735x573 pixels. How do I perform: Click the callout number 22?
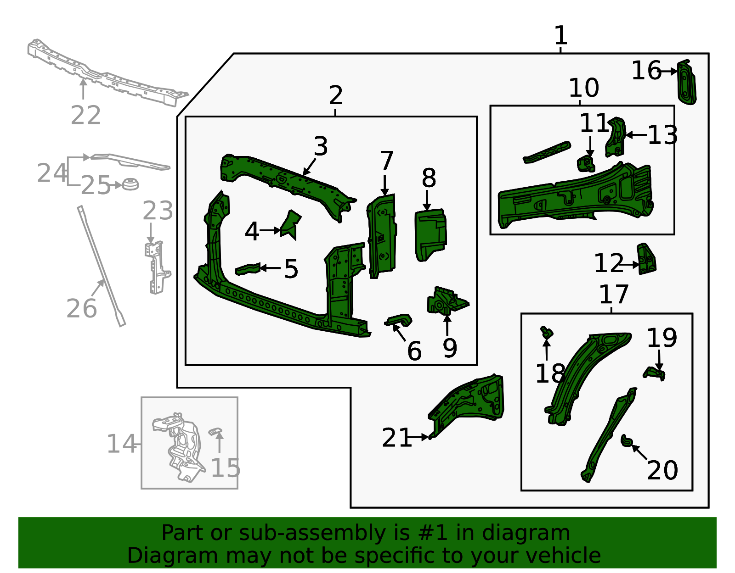tap(85, 115)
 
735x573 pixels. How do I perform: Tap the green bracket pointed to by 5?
tap(247, 269)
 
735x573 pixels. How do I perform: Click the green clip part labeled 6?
tap(399, 320)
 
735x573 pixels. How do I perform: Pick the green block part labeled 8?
tap(430, 234)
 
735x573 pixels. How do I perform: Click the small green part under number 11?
tap(586, 163)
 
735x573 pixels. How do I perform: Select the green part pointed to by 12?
tap(646, 260)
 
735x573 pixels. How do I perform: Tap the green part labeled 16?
tap(687, 83)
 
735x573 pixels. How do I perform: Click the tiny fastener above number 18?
tap(546, 333)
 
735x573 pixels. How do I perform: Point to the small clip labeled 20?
tap(626, 441)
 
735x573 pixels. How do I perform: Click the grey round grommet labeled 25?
tap(130, 184)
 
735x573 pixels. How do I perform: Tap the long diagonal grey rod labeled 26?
tap(101, 266)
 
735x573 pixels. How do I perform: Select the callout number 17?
tap(614, 295)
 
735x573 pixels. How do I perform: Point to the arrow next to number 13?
tap(636, 135)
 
